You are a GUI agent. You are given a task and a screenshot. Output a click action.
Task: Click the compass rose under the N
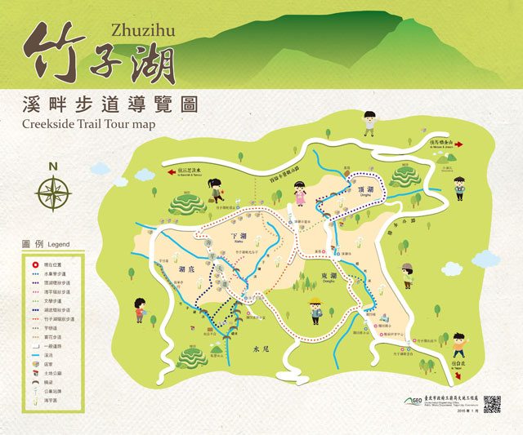tap(53, 193)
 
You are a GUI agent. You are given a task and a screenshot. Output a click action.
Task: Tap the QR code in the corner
tap(491, 403)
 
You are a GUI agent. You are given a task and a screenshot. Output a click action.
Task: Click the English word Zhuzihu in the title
tap(141, 31)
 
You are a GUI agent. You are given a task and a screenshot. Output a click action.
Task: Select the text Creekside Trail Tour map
tap(89, 124)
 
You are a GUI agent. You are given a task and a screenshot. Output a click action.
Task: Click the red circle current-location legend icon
tap(36, 264)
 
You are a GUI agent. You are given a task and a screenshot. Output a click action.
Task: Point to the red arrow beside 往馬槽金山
tap(459, 144)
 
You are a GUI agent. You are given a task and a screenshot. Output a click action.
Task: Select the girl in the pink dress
tap(301, 195)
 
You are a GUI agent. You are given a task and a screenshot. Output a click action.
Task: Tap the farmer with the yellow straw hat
tap(315, 311)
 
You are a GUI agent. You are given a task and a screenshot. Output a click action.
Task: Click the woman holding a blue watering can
tap(216, 189)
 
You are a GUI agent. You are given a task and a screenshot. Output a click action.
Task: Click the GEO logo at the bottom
tap(414, 400)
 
